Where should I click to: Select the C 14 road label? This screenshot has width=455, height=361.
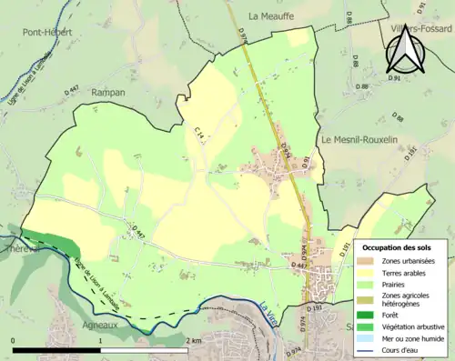click(198, 135)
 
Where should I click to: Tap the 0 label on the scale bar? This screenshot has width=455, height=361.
click(13, 340)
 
